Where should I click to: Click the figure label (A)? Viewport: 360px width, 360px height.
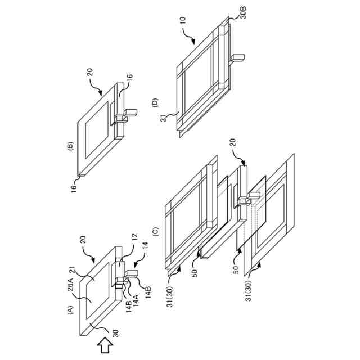click(x=71, y=309)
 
